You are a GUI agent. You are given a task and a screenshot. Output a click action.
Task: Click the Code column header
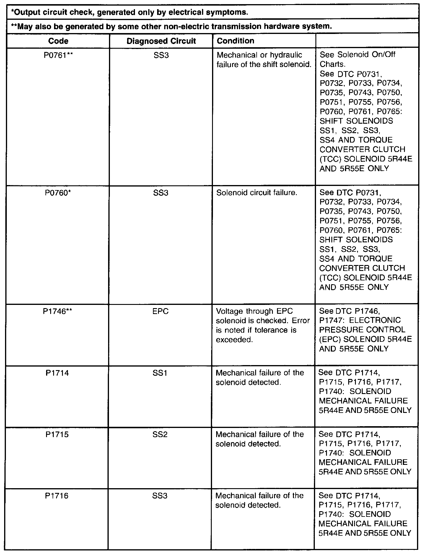58,41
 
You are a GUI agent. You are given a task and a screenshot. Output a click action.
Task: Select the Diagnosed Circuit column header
161,41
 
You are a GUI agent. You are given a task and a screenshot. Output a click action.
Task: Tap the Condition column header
235,40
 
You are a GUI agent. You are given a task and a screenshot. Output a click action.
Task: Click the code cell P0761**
58,55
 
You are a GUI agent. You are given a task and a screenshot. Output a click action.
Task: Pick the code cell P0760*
58,193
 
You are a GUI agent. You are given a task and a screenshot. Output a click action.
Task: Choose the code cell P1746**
58,311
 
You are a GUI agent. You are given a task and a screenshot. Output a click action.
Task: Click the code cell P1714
57,373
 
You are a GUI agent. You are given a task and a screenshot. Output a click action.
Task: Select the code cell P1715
57,434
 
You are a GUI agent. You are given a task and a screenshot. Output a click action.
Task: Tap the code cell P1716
57,496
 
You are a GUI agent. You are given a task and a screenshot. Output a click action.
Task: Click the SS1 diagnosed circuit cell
160,373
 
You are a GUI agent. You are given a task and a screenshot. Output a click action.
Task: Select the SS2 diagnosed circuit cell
160,434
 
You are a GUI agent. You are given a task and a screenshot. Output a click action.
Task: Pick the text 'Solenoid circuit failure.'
257,193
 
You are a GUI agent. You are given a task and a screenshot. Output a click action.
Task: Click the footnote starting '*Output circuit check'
129,12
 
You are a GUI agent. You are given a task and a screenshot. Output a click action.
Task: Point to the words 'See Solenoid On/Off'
357,55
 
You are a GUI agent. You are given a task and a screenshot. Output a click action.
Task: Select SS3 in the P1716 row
160,496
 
